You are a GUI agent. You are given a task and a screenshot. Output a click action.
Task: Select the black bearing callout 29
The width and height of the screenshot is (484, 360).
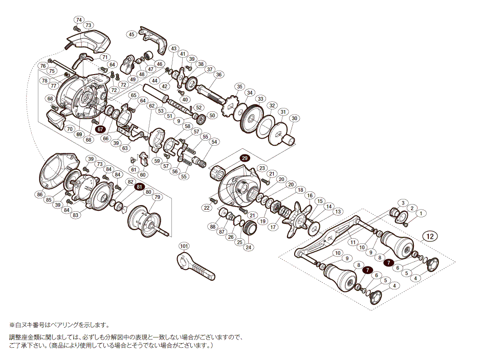[x=244, y=159]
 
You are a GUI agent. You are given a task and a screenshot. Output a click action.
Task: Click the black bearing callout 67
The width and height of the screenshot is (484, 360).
[x=100, y=129]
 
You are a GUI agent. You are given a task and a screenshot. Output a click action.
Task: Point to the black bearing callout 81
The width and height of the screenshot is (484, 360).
[x=139, y=188]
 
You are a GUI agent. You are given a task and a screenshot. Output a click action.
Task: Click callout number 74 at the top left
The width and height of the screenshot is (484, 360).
[x=78, y=20]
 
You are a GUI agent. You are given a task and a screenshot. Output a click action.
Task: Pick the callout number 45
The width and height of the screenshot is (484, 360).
[x=131, y=34]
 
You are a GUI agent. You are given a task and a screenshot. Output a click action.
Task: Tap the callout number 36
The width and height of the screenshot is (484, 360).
[x=218, y=75]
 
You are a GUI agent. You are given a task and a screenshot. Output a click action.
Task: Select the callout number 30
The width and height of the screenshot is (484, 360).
[x=294, y=118]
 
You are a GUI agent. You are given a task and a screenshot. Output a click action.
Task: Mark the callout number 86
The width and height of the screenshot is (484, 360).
[x=40, y=195]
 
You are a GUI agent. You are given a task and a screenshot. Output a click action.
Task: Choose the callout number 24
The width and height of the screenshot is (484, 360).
[x=248, y=247]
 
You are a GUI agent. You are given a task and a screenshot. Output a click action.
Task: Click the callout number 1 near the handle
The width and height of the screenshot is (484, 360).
[x=421, y=213]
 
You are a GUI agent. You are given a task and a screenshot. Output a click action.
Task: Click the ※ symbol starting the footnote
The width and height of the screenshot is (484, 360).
[x=12, y=325]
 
